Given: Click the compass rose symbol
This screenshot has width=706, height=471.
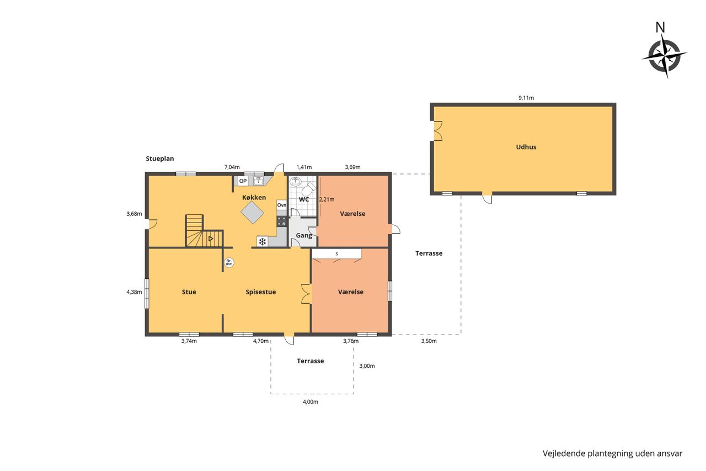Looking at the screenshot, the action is tap(665, 56).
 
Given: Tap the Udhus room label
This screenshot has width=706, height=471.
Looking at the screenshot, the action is tap(526, 147).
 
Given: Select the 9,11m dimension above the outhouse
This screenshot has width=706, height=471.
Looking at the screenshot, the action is tap(526, 98).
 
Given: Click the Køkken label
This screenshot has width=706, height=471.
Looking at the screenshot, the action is tap(254, 198).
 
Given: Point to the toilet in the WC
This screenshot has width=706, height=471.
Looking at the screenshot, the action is tap(308, 189).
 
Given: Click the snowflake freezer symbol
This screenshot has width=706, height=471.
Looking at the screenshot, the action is tap(262, 242).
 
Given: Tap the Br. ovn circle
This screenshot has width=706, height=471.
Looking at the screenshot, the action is tap(229, 262).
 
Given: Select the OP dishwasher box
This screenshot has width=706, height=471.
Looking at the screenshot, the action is tap(243, 181).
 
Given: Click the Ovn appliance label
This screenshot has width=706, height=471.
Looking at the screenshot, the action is tap(281, 205).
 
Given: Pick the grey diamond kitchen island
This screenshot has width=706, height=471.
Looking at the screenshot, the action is tap(252, 213).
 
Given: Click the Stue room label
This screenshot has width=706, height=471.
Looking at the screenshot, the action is tap(189, 292).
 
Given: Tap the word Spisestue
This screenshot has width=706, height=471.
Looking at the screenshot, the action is tap(261, 292).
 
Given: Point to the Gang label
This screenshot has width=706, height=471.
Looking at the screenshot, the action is tap(304, 235).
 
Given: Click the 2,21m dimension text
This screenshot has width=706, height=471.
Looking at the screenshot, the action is tap(327, 199).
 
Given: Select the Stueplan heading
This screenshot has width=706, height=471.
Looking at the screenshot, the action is tap(160, 158).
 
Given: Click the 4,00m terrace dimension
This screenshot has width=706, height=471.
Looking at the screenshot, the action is tap(311, 402).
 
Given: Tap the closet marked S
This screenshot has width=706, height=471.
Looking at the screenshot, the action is tap(336, 254).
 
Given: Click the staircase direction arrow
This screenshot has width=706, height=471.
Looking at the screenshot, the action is tap(211, 239).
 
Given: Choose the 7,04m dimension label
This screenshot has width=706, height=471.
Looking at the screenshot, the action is tap(232, 167).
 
